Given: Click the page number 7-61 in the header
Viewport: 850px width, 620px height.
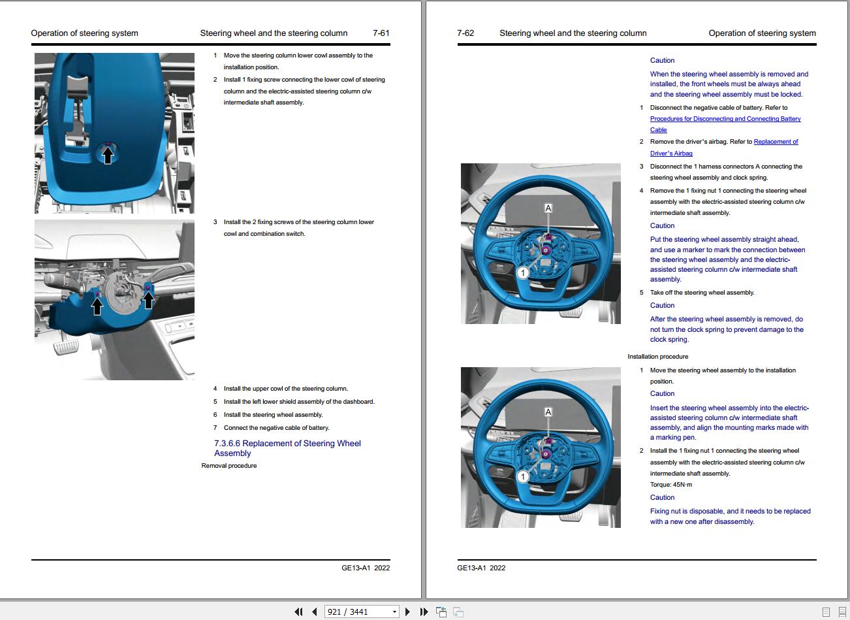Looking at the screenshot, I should pyautogui.click(x=381, y=33).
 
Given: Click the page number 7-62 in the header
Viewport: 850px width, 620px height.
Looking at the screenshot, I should pyautogui.click(x=465, y=33).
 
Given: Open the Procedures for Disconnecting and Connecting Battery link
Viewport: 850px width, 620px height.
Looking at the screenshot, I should pyautogui.click(x=725, y=119).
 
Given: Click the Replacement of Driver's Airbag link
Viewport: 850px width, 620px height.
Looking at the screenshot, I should pyautogui.click(x=776, y=142).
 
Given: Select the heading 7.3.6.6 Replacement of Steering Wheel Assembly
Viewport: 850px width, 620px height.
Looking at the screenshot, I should pyautogui.click(x=287, y=448).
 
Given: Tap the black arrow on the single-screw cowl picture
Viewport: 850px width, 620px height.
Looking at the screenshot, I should pyautogui.click(x=108, y=155).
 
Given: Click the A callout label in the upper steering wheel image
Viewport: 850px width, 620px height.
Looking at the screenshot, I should pyautogui.click(x=548, y=208).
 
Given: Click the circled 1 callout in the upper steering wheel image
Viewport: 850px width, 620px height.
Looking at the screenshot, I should pyautogui.click(x=522, y=273).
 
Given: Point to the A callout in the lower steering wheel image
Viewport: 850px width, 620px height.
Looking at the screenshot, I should pyautogui.click(x=548, y=412).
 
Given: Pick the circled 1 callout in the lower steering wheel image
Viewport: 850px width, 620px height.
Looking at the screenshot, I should pyautogui.click(x=522, y=477).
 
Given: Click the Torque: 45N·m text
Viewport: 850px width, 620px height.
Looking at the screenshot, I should pyautogui.click(x=670, y=485).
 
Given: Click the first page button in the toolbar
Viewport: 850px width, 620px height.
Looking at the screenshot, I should pyautogui.click(x=298, y=612).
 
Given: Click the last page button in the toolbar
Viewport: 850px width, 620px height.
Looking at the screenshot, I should pyautogui.click(x=424, y=612).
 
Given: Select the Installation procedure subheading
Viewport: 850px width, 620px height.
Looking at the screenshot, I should pyautogui.click(x=657, y=357).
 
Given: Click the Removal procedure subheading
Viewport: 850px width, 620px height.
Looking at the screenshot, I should pyautogui.click(x=229, y=466).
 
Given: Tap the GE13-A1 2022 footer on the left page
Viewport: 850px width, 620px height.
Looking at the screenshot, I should pyautogui.click(x=366, y=568).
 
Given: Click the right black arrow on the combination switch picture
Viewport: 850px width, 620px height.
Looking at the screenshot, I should pyautogui.click(x=149, y=300).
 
